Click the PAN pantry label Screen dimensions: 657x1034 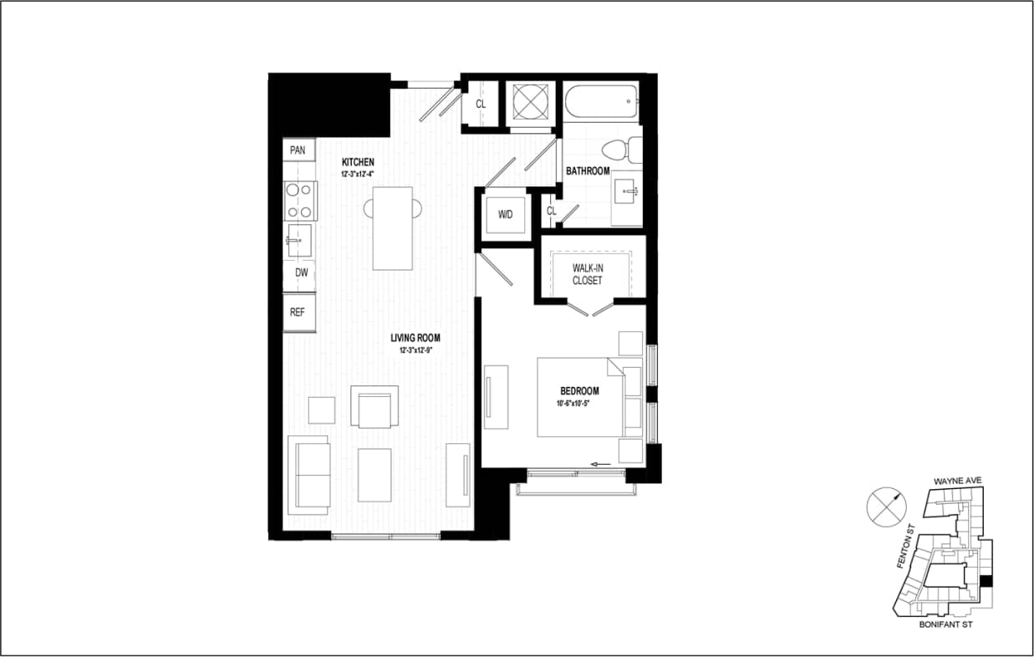point(298,150)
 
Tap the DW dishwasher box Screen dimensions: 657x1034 point(298,272)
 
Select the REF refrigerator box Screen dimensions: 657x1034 point(298,313)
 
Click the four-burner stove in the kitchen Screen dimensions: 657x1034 point(299,201)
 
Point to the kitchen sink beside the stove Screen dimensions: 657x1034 point(298,241)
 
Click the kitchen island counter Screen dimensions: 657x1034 point(392,227)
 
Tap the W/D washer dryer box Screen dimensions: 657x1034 point(505,214)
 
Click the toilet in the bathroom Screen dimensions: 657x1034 point(619,150)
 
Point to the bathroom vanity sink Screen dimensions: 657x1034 point(627,194)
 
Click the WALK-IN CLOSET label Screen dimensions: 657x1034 point(587,274)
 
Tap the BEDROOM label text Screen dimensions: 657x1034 point(579,390)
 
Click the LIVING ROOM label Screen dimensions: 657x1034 point(415,339)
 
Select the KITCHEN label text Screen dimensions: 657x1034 point(358,162)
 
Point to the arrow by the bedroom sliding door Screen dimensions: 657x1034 point(600,464)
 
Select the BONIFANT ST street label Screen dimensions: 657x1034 point(945,624)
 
